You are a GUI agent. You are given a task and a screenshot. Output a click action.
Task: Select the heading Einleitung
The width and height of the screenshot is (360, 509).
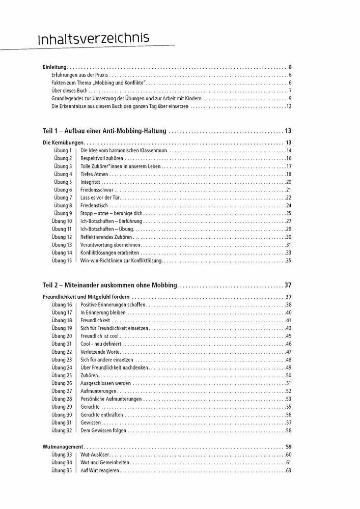[x=55, y=67]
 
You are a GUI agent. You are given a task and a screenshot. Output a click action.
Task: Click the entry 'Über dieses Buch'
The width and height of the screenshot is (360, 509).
[x=70, y=91]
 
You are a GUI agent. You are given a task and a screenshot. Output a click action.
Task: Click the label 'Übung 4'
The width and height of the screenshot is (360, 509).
[x=63, y=174]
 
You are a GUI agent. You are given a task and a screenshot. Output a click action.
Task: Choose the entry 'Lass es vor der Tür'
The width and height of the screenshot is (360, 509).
[x=101, y=197]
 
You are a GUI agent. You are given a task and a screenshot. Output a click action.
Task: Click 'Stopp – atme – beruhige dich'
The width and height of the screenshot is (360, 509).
[x=112, y=213]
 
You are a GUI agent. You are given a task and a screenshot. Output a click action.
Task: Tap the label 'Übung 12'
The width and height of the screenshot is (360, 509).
[x=62, y=237]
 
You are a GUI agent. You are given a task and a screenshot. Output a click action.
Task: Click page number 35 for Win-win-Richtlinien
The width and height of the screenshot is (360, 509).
[x=288, y=261]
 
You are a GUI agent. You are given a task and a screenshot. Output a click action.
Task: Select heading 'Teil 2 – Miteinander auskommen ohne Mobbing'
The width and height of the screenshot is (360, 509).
[x=110, y=285]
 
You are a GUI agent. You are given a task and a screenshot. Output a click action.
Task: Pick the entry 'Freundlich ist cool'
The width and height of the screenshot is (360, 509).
[x=100, y=336]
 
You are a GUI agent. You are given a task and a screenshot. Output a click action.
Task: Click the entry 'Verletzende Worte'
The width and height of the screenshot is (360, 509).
[x=99, y=352]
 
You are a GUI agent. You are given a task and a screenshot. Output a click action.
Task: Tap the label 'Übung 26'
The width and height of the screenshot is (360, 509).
[x=62, y=383]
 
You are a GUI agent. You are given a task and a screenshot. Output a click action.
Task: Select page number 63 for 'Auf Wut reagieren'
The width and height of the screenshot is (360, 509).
[x=288, y=470]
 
